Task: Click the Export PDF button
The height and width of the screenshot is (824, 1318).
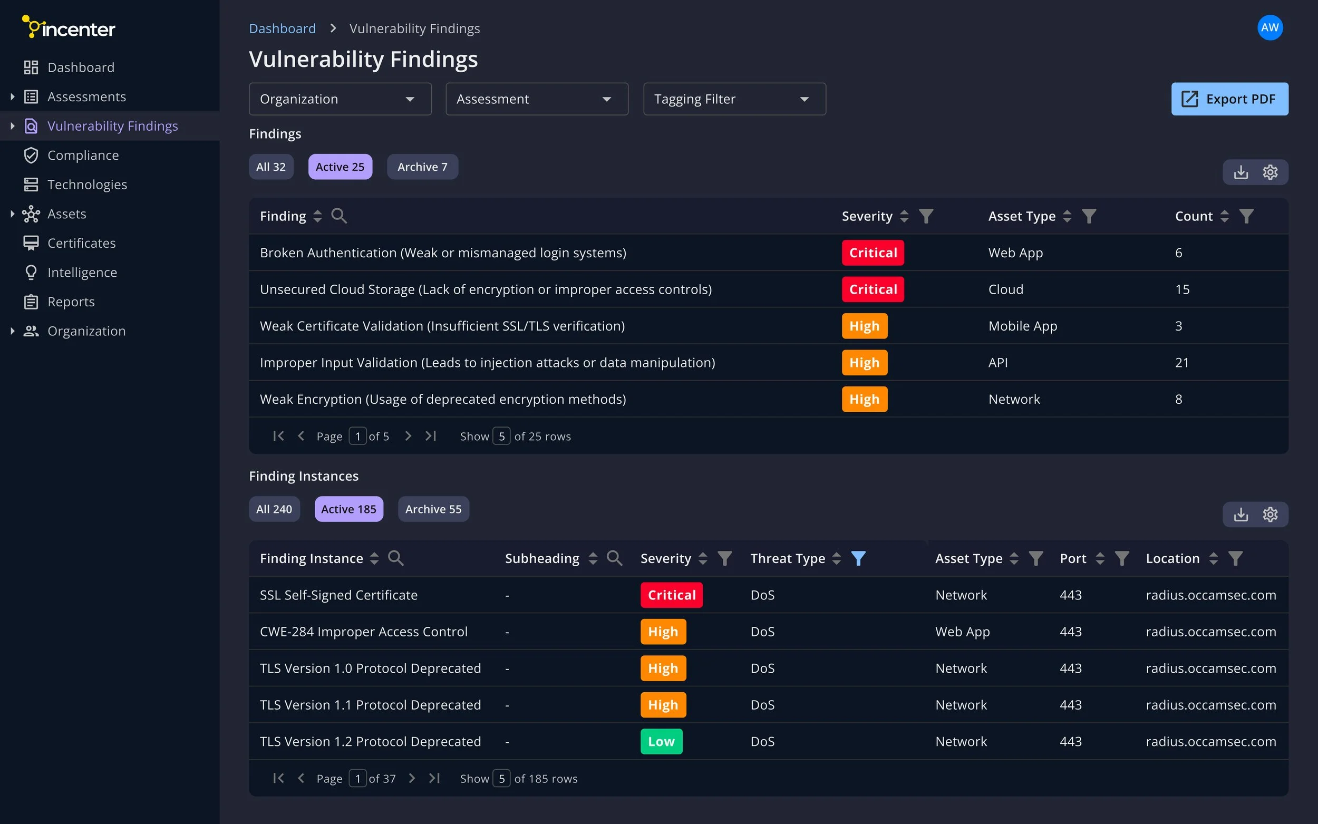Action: coord(1229,99)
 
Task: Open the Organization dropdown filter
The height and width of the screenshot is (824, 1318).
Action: coord(340,99)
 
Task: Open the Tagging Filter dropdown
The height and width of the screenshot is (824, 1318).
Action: coord(734,99)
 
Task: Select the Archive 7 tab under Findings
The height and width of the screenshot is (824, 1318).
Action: coord(422,167)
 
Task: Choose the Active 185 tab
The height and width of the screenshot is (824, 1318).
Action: coord(348,509)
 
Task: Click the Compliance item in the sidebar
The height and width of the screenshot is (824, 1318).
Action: coord(83,156)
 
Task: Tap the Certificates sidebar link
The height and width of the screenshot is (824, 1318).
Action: coord(81,243)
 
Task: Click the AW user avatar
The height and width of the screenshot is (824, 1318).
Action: coord(1269,28)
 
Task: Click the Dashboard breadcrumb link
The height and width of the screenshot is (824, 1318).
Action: coord(282,28)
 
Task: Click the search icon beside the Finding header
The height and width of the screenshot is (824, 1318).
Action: coord(339,216)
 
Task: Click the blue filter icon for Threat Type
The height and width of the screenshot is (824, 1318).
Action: coord(858,558)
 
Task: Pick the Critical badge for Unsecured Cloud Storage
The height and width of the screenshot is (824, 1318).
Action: coord(873,289)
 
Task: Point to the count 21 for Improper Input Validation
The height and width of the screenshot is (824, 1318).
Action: coord(1182,362)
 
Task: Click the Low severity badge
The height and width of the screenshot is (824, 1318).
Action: coord(661,741)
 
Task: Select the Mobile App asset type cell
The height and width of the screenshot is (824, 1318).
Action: coord(1022,326)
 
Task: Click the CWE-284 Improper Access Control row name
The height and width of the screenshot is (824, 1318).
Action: coord(363,632)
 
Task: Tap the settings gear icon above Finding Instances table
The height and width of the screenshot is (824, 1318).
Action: coord(1270,515)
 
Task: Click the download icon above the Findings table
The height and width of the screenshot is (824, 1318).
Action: coord(1241,172)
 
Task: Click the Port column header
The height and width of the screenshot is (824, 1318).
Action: coord(1072,558)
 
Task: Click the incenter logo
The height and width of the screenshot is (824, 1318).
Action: coord(69,27)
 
